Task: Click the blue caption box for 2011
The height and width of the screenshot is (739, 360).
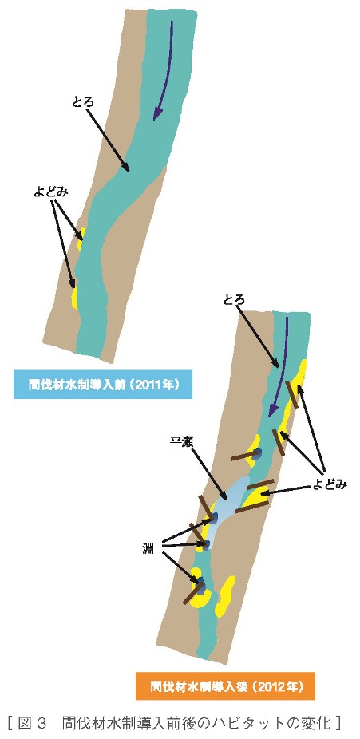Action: (x=103, y=385)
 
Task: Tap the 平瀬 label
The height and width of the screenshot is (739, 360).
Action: (x=181, y=442)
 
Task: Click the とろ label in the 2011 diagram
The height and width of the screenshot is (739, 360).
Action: (x=83, y=102)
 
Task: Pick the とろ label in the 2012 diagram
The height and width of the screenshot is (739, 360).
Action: (x=234, y=299)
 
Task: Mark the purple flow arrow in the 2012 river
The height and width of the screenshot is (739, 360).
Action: (x=278, y=368)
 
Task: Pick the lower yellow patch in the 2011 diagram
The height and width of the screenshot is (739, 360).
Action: (x=74, y=298)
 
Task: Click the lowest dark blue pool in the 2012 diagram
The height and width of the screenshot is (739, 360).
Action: (x=200, y=585)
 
